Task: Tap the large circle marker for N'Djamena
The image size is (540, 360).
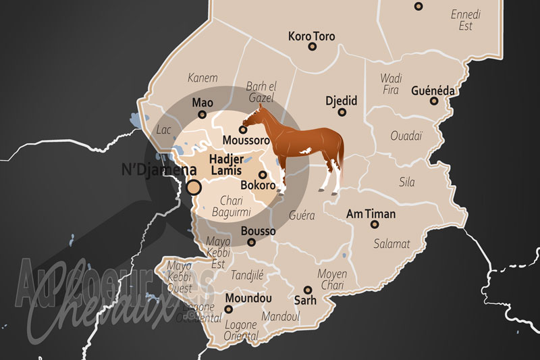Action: point(194,187)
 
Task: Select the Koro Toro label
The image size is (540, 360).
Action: point(312,35)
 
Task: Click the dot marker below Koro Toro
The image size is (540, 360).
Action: point(313,47)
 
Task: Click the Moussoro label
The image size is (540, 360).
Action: point(246,140)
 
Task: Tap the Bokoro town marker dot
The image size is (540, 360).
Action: point(263,174)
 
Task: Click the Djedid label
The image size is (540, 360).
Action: point(340,101)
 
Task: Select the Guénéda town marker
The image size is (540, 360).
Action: point(435,101)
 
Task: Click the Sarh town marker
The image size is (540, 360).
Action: point(307,289)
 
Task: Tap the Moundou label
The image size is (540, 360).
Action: point(230,298)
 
